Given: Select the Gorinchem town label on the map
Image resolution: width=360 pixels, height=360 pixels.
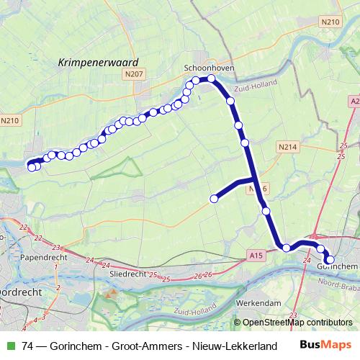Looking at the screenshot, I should point(336,266).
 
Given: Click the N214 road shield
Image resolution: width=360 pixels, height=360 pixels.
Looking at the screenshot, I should point(286,146).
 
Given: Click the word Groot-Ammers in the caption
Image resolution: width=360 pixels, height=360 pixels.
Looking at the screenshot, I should point(143,345).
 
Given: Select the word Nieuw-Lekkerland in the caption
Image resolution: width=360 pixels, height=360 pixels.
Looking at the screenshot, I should point(225,345).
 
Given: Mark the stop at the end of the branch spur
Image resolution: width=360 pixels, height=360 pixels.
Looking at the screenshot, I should point(214,198).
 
